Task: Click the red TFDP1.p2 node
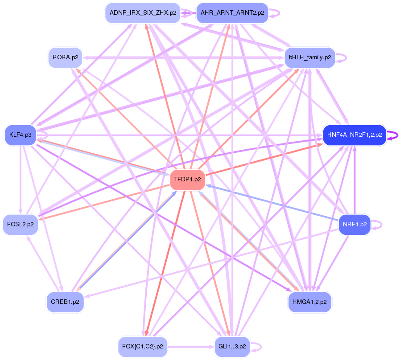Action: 187,180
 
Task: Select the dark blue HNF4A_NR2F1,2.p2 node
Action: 354,135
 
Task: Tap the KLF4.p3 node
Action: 20,135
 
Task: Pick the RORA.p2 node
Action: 65,57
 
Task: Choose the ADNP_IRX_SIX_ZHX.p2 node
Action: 142,13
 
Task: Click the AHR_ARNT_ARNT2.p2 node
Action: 232,13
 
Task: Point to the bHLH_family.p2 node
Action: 309,57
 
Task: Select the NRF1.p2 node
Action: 355,224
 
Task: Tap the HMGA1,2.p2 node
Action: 309,302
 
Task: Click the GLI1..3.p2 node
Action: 232,346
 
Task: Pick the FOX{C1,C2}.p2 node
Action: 142,346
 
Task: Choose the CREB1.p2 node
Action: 65,302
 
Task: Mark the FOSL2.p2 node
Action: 20,224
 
